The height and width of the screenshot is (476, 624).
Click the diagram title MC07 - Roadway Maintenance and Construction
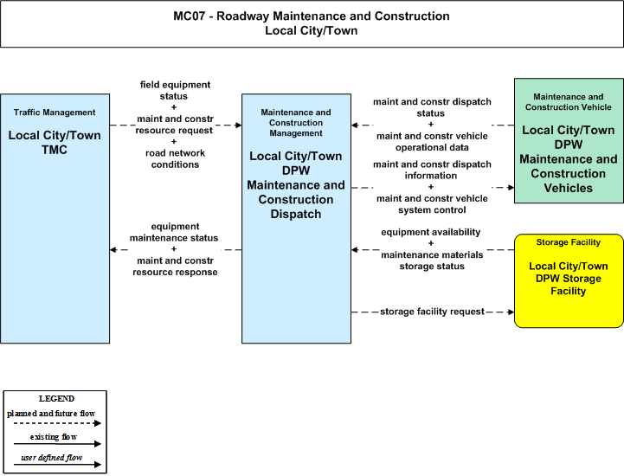click(312, 16)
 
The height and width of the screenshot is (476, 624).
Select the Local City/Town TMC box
click(55, 218)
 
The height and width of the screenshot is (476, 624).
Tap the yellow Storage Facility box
click(569, 281)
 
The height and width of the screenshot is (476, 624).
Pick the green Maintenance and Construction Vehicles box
click(569, 140)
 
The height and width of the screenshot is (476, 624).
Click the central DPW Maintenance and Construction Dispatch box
click(297, 218)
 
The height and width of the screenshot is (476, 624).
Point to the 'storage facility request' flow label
click(432, 312)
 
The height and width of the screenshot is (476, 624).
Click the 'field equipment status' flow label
click(175, 90)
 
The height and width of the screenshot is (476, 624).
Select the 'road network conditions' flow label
click(175, 158)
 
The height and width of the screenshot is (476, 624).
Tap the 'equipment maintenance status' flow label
click(174, 232)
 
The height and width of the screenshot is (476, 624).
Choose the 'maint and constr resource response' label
click(175, 267)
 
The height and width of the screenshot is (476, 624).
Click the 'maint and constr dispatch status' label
click(432, 107)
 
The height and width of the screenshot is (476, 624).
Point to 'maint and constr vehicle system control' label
click(432, 204)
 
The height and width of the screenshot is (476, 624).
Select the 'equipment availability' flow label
click(431, 232)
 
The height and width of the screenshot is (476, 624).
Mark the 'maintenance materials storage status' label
click(432, 261)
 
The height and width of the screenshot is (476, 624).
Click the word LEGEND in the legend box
click(56, 399)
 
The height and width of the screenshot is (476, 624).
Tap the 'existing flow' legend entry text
click(54, 437)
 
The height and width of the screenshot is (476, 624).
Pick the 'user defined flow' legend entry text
click(52, 458)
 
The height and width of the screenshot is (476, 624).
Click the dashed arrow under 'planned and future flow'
click(57, 423)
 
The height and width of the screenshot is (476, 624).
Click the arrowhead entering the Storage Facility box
click(511, 312)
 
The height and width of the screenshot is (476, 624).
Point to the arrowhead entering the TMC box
click(113, 250)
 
